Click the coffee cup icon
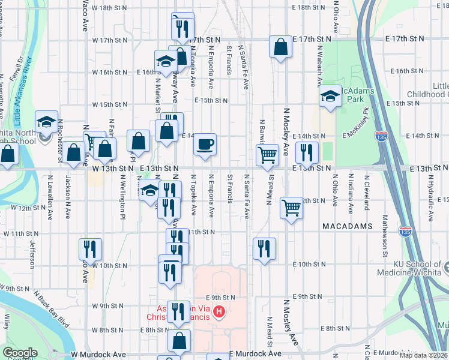[x=205, y=144]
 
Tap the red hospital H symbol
[x=220, y=312]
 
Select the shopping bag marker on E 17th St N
[x=281, y=47]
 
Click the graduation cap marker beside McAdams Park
[x=330, y=97]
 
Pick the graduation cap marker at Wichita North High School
[x=46, y=122]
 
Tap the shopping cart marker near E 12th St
[x=291, y=208]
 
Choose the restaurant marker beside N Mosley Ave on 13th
[x=307, y=152]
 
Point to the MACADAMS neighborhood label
[x=348, y=227]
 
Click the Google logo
[x=20, y=353]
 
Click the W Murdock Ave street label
[x=98, y=355]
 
